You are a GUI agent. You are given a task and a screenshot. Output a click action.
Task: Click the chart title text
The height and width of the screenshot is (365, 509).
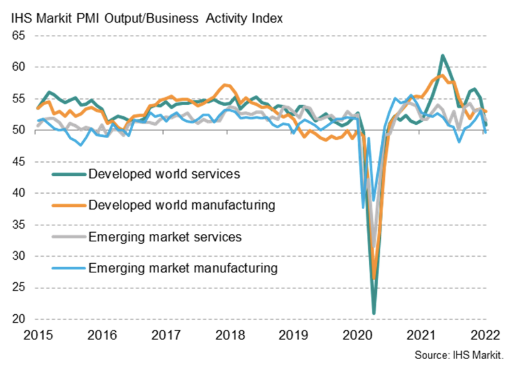click(147, 18)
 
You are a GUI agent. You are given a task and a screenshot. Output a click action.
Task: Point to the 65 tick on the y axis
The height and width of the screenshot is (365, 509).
click(18, 35)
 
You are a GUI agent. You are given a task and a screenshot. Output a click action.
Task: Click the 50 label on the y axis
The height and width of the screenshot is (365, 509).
click(18, 130)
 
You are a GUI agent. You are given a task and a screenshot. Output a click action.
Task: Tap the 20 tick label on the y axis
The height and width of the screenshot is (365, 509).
click(18, 319)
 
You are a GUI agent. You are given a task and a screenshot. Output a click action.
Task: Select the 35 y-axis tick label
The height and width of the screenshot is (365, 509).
click(18, 224)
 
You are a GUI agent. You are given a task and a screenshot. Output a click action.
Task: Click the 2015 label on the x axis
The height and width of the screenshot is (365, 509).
click(38, 335)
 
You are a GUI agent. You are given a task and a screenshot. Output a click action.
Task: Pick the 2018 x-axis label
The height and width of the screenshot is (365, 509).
click(230, 335)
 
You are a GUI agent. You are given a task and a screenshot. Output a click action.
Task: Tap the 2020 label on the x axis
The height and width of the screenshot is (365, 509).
click(357, 335)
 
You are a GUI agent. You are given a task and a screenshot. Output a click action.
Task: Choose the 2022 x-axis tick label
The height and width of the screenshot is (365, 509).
click(485, 335)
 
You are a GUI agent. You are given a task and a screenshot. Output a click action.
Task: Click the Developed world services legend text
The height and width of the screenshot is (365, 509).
click(164, 174)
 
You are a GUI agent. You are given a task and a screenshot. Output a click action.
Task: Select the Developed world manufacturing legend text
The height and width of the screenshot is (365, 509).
click(182, 205)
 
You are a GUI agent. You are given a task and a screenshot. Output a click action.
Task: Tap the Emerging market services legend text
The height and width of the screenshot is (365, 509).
click(165, 237)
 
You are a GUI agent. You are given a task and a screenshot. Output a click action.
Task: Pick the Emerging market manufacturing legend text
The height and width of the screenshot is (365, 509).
click(183, 268)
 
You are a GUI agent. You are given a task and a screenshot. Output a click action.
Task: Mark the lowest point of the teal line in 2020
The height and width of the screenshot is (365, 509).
click(374, 313)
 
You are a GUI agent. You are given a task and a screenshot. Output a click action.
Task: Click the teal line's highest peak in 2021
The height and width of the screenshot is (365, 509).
click(442, 55)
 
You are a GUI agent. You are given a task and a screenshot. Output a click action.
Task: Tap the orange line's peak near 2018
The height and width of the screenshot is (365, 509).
click(225, 85)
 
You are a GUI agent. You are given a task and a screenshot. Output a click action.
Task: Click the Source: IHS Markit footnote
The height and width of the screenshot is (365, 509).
click(459, 355)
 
